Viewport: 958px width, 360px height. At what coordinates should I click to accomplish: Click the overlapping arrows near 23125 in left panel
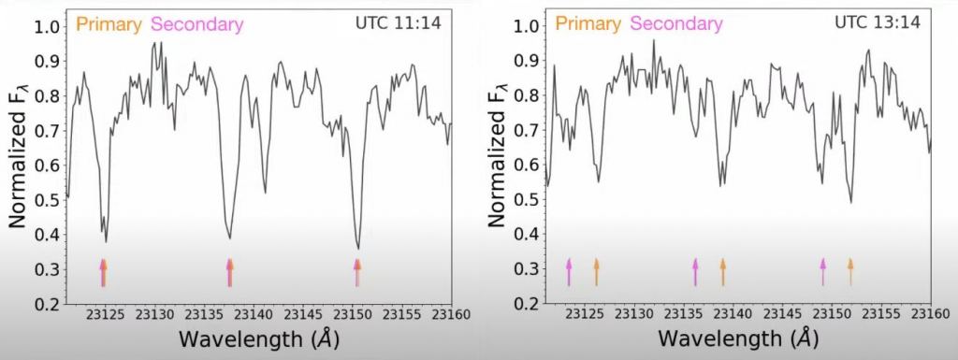(x=103, y=272)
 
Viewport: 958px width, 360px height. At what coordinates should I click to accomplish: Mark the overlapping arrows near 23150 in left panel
(x=356, y=272)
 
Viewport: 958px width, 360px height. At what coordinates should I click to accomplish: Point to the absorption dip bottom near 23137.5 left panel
(x=229, y=238)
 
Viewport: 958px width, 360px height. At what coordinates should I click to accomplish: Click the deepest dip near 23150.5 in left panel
(x=358, y=248)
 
